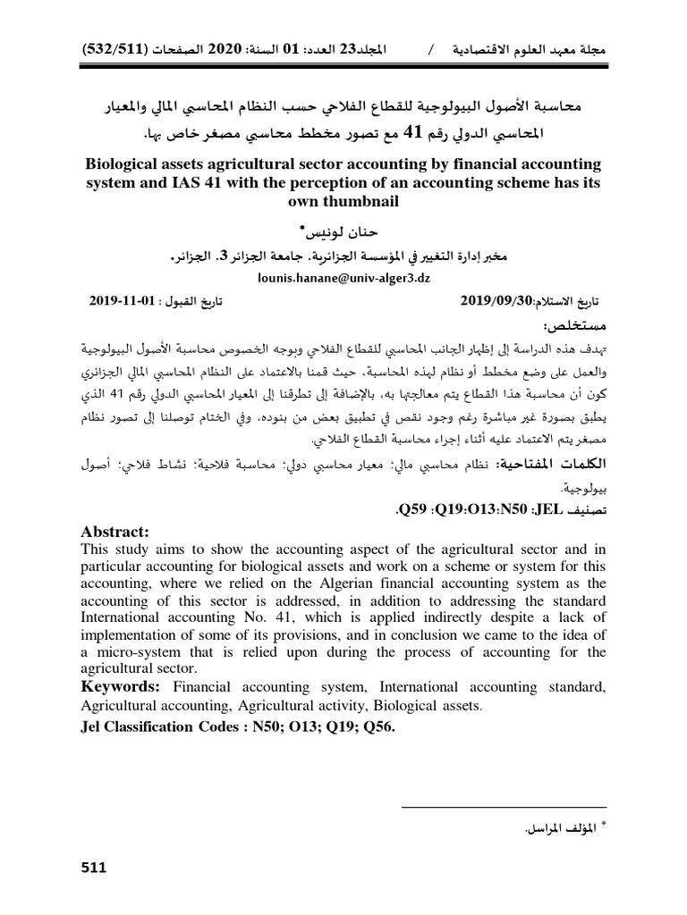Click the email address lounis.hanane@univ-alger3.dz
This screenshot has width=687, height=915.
click(343, 278)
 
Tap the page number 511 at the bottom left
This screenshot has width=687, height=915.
click(93, 868)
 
